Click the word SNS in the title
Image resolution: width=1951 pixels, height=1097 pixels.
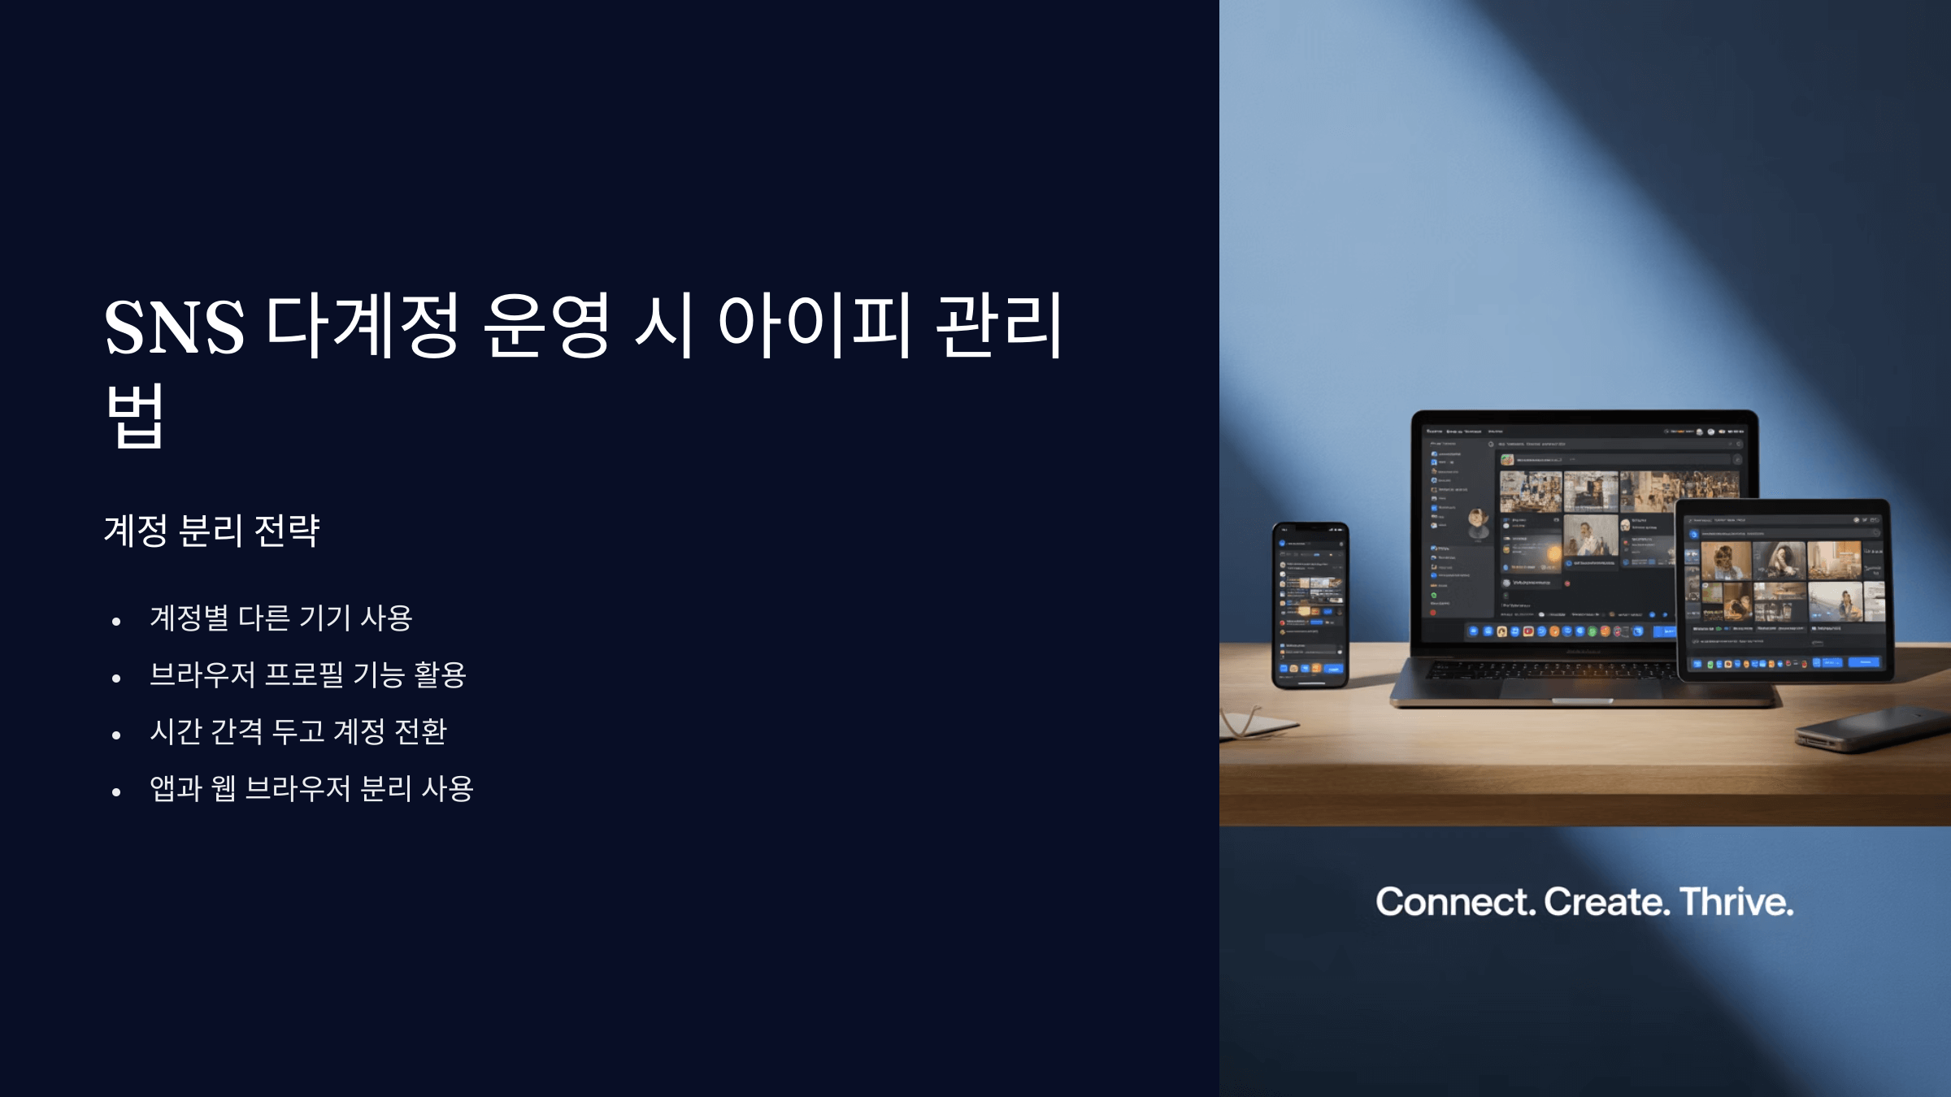click(174, 327)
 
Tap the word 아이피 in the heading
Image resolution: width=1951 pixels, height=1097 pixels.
click(814, 325)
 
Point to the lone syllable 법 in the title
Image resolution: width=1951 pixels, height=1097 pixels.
click(135, 415)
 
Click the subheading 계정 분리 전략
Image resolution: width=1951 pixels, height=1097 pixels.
click(212, 531)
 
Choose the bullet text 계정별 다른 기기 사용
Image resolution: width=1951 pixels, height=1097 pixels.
click(281, 618)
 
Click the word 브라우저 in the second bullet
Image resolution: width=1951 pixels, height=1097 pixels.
click(202, 675)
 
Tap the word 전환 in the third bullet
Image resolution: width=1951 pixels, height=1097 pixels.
click(420, 732)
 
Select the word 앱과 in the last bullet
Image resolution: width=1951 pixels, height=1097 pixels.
click(176, 789)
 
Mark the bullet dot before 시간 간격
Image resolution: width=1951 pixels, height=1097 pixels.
click(116, 735)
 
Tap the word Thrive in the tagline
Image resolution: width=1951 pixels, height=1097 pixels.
click(1736, 902)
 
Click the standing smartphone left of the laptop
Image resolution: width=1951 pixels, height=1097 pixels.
click(1310, 605)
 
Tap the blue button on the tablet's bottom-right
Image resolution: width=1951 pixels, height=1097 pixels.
click(1865, 663)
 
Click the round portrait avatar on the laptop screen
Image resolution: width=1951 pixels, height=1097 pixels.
click(1477, 523)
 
